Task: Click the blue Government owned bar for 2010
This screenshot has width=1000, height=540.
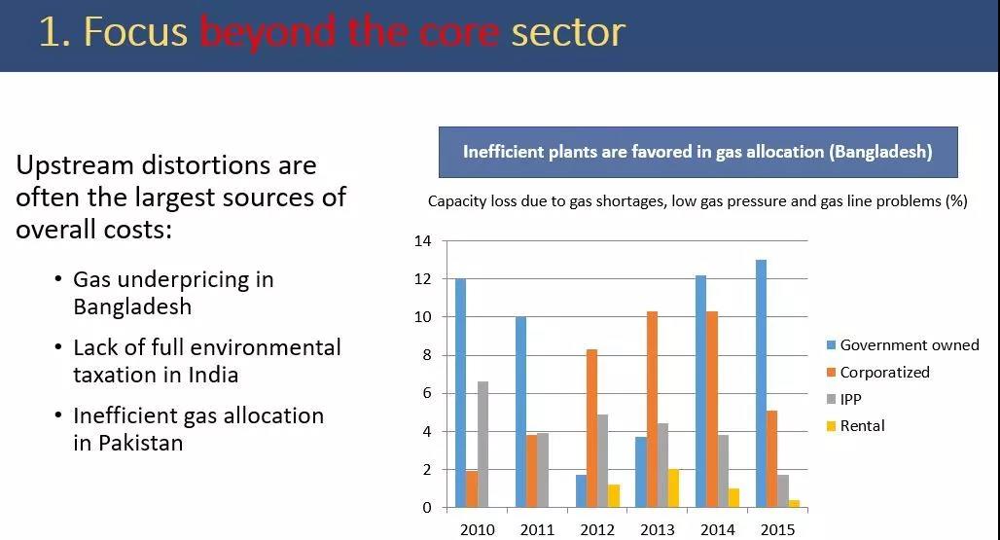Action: tap(460, 393)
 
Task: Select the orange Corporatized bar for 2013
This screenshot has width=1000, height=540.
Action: tap(652, 409)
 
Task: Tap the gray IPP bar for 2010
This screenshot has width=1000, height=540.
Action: tap(483, 445)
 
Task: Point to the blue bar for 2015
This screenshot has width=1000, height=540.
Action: tap(760, 383)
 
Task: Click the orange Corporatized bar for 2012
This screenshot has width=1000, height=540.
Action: tap(591, 428)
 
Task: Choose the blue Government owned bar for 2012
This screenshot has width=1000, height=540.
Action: tap(580, 491)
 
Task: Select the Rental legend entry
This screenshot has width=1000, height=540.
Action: tap(862, 426)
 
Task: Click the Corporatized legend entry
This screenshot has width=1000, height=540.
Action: tap(884, 373)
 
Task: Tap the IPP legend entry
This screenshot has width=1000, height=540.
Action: tap(850, 399)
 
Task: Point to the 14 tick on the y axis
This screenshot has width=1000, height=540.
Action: tap(422, 241)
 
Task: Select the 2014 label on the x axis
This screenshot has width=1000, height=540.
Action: tap(718, 530)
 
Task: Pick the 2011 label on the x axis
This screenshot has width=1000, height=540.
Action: tap(537, 530)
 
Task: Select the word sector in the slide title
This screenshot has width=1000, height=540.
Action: tap(568, 32)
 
